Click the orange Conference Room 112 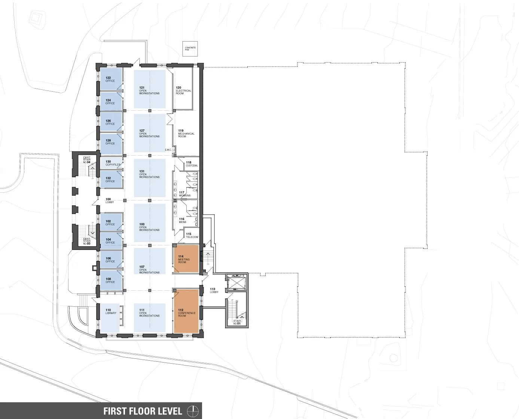point(186,311)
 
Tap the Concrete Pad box point(190,49)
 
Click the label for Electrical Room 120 point(183,91)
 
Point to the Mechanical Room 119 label point(186,134)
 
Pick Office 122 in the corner point(110,79)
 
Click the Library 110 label point(111,312)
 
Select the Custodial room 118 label point(192,164)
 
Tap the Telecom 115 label point(192,236)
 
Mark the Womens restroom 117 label point(184,194)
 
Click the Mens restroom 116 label point(182,221)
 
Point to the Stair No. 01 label point(237,322)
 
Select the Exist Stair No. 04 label point(87,160)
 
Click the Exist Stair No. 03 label point(87,241)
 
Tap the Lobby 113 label point(214,291)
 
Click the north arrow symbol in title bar point(193,411)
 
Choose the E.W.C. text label point(168,150)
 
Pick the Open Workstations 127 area point(149,134)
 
